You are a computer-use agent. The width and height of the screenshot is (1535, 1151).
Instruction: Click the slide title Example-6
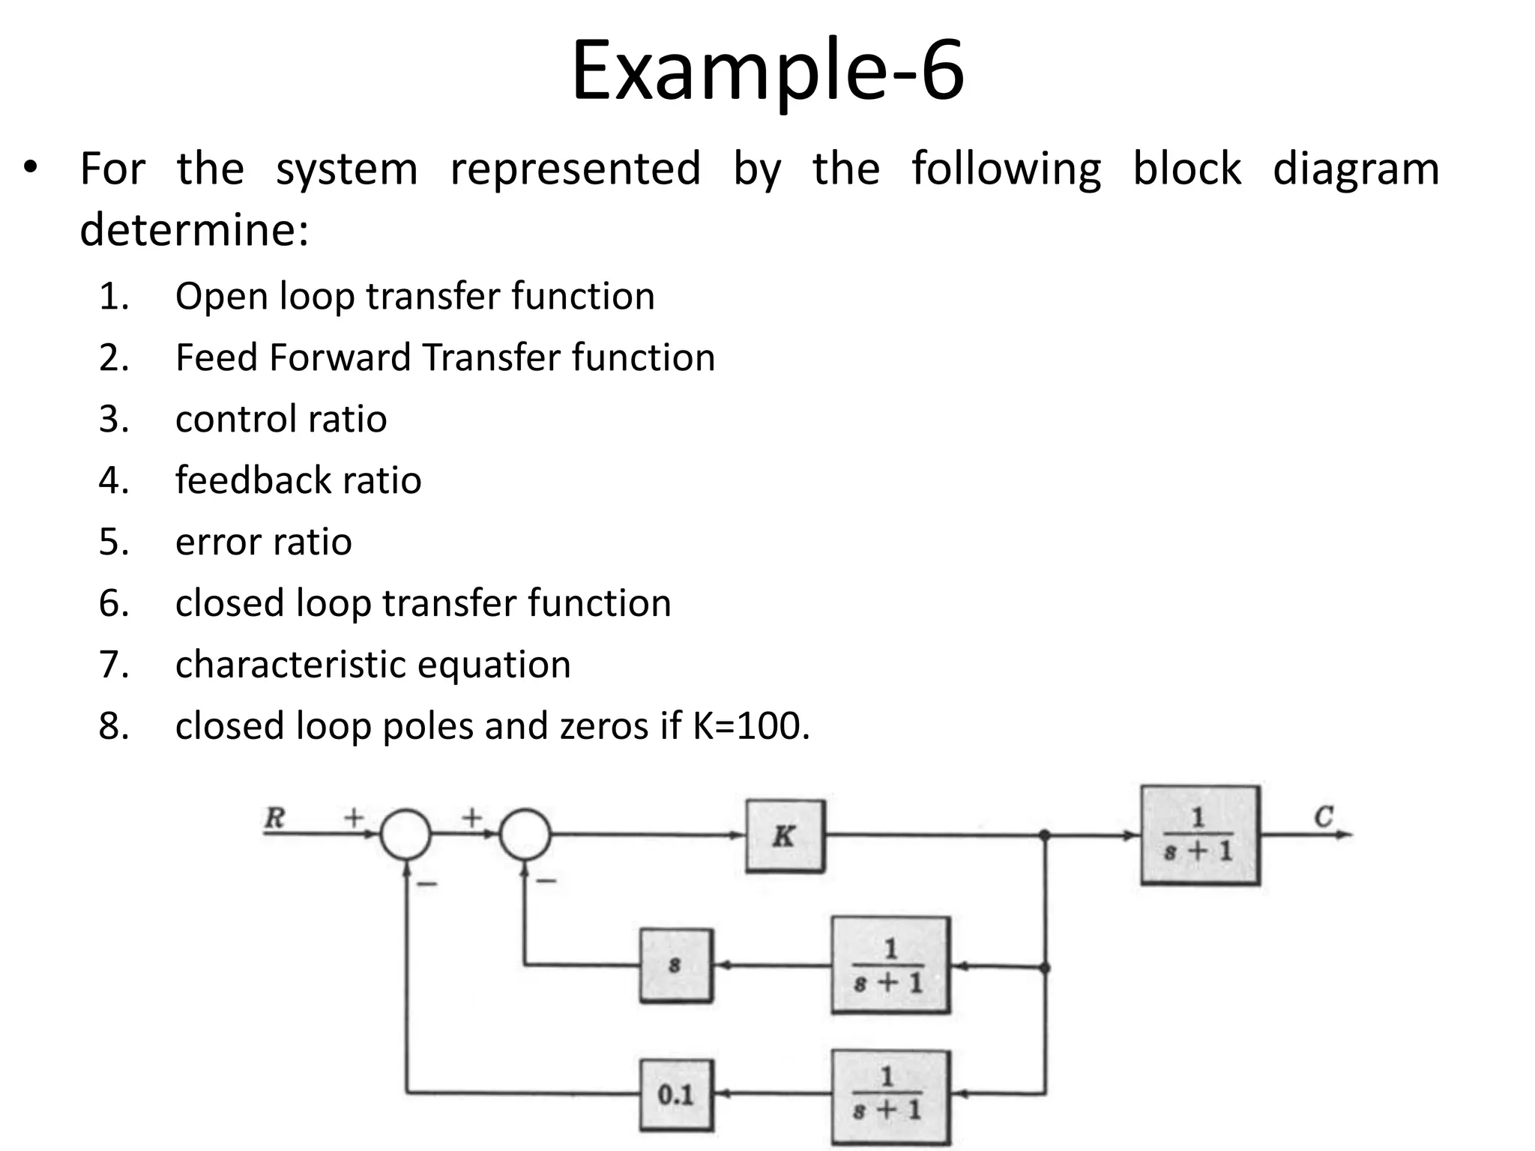coord(767,70)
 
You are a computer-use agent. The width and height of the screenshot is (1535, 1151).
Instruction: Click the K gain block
coord(785,836)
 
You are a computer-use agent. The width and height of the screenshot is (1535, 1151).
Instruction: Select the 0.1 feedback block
coord(676,1094)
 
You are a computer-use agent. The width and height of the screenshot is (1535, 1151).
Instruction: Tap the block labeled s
coord(676,965)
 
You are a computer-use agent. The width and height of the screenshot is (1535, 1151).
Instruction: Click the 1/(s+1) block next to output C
coord(1199,835)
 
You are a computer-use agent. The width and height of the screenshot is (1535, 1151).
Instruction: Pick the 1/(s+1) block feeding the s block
coord(890,965)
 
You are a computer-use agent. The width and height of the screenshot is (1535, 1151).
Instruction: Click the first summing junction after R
coord(405,834)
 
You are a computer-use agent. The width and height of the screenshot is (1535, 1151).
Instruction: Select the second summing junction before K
coord(525,834)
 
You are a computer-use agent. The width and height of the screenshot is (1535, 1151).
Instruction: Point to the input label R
coord(275,817)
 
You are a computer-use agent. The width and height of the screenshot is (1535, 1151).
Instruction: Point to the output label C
coord(1324,816)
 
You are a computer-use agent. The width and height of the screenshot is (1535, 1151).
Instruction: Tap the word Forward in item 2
coord(340,357)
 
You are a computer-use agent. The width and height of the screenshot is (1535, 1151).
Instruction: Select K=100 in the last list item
coord(750,725)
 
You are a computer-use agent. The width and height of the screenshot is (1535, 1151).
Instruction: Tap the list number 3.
coord(113,419)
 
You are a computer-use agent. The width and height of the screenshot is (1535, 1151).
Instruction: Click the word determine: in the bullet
coord(194,229)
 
